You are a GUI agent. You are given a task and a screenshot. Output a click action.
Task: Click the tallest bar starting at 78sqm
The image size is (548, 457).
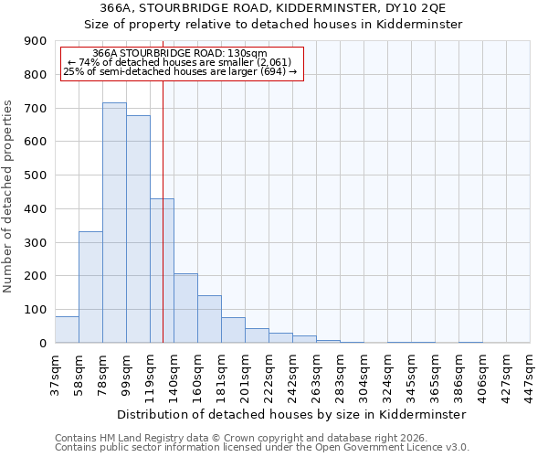[114, 223]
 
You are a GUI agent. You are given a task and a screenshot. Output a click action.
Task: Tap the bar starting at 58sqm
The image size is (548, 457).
[90, 287]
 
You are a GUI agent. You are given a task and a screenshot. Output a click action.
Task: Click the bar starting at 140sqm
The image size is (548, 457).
[185, 308]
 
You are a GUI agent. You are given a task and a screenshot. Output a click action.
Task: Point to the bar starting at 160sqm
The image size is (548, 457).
[209, 319]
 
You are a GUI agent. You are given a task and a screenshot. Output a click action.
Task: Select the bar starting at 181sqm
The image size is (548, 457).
[233, 330]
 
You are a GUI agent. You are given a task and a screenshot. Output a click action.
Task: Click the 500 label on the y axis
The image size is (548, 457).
[37, 175]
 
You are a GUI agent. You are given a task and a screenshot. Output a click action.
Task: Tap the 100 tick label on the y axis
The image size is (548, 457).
[37, 310]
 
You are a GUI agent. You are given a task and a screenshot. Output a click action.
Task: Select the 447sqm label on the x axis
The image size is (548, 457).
[531, 375]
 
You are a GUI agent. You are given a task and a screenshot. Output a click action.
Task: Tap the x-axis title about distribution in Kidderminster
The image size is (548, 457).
[292, 414]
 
